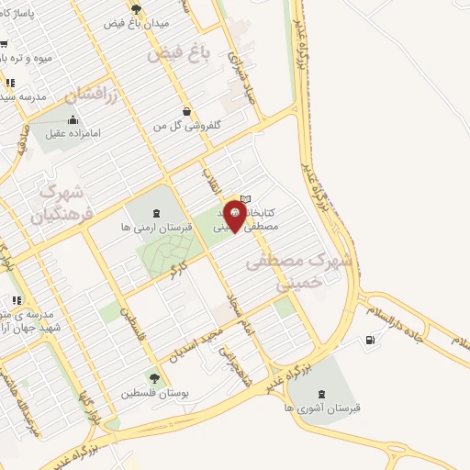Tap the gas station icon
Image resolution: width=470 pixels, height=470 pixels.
[x=370, y=341]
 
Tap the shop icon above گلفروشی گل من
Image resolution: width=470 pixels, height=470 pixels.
[x=187, y=111]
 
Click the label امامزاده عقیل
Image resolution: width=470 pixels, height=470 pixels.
[x=71, y=132]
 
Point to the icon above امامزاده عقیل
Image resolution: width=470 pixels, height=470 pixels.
[x=73, y=118]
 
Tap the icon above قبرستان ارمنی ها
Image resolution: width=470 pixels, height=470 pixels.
[x=153, y=213]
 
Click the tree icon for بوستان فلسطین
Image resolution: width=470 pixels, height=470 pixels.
[x=153, y=378]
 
